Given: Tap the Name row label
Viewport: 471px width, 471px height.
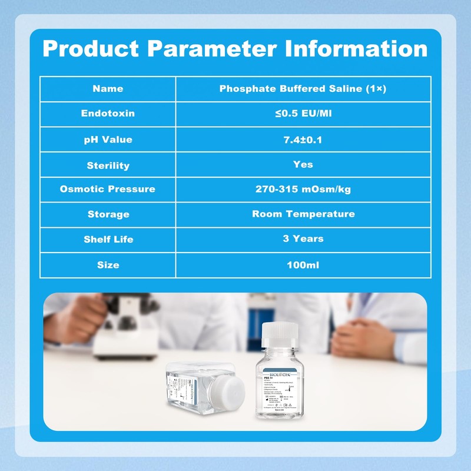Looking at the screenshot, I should click(x=108, y=89).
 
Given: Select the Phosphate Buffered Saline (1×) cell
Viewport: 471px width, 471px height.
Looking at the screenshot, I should click(x=303, y=89).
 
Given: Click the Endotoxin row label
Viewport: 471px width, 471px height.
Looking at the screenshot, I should click(x=108, y=113).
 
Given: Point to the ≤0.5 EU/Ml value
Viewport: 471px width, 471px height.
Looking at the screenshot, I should click(x=303, y=113).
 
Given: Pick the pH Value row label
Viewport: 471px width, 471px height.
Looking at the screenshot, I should click(x=108, y=140).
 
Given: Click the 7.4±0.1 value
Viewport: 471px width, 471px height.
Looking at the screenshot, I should click(x=303, y=140).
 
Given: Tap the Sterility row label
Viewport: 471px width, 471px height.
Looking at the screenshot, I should click(x=108, y=165).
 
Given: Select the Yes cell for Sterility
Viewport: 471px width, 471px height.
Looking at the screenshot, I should click(x=303, y=164).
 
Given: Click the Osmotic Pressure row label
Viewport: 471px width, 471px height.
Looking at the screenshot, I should click(x=108, y=189).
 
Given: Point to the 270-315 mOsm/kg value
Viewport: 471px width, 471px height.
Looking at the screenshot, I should click(x=303, y=189).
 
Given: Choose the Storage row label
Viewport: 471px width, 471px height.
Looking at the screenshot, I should click(x=108, y=214).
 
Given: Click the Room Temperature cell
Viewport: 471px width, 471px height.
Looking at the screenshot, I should click(x=303, y=214).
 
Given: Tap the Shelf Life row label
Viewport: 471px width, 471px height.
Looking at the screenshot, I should click(x=108, y=240).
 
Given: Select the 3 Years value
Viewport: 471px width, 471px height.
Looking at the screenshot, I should click(x=303, y=238).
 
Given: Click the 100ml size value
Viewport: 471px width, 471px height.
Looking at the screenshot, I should click(x=303, y=265).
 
